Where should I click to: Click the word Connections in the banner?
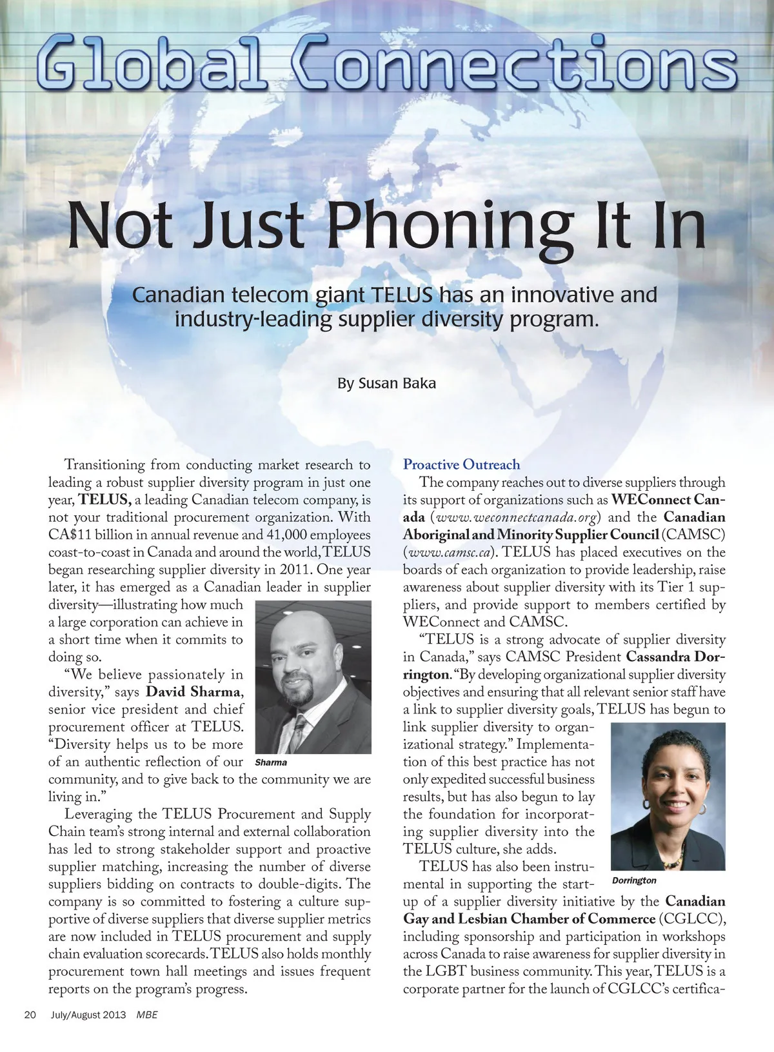click(513, 65)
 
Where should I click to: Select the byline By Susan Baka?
click(386, 383)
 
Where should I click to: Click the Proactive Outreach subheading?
click(461, 464)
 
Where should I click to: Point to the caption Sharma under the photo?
click(271, 762)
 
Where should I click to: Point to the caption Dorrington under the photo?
click(633, 880)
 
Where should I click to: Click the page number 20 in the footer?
click(30, 1015)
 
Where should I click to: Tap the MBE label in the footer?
click(147, 1015)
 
